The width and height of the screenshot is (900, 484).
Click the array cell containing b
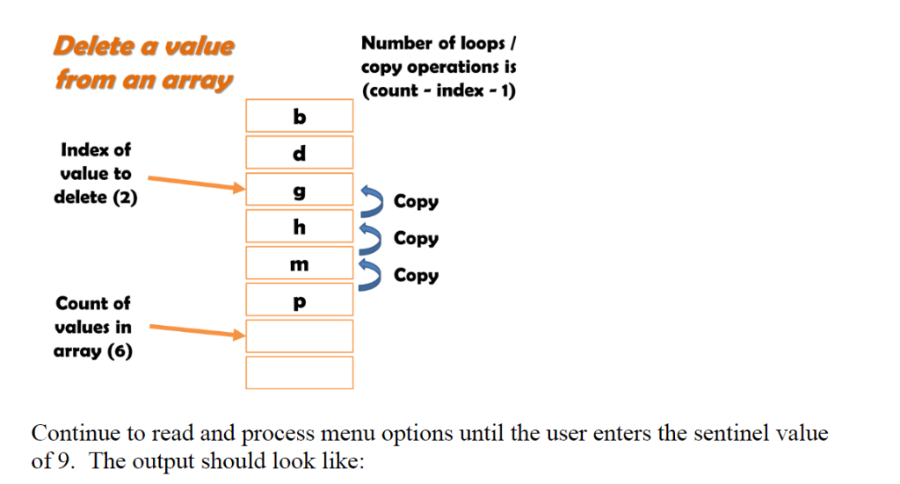coord(299,116)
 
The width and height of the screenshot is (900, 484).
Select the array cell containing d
coord(299,153)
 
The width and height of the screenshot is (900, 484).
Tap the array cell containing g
coord(299,190)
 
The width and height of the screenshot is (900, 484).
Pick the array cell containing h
coord(299,227)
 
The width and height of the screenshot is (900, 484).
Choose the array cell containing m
coord(299,264)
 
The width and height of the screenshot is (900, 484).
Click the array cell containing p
coord(299,300)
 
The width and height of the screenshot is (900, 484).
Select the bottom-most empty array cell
coord(299,372)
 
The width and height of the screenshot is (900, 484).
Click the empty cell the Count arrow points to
coord(299,336)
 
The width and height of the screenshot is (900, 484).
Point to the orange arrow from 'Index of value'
coord(194,183)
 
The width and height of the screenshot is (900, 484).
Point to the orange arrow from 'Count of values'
coord(194,330)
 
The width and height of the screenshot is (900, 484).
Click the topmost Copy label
coord(416,202)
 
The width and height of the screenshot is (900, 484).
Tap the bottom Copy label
coord(416,276)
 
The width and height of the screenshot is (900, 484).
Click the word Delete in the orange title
coord(91,46)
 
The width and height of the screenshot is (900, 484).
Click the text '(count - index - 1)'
coord(438,91)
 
